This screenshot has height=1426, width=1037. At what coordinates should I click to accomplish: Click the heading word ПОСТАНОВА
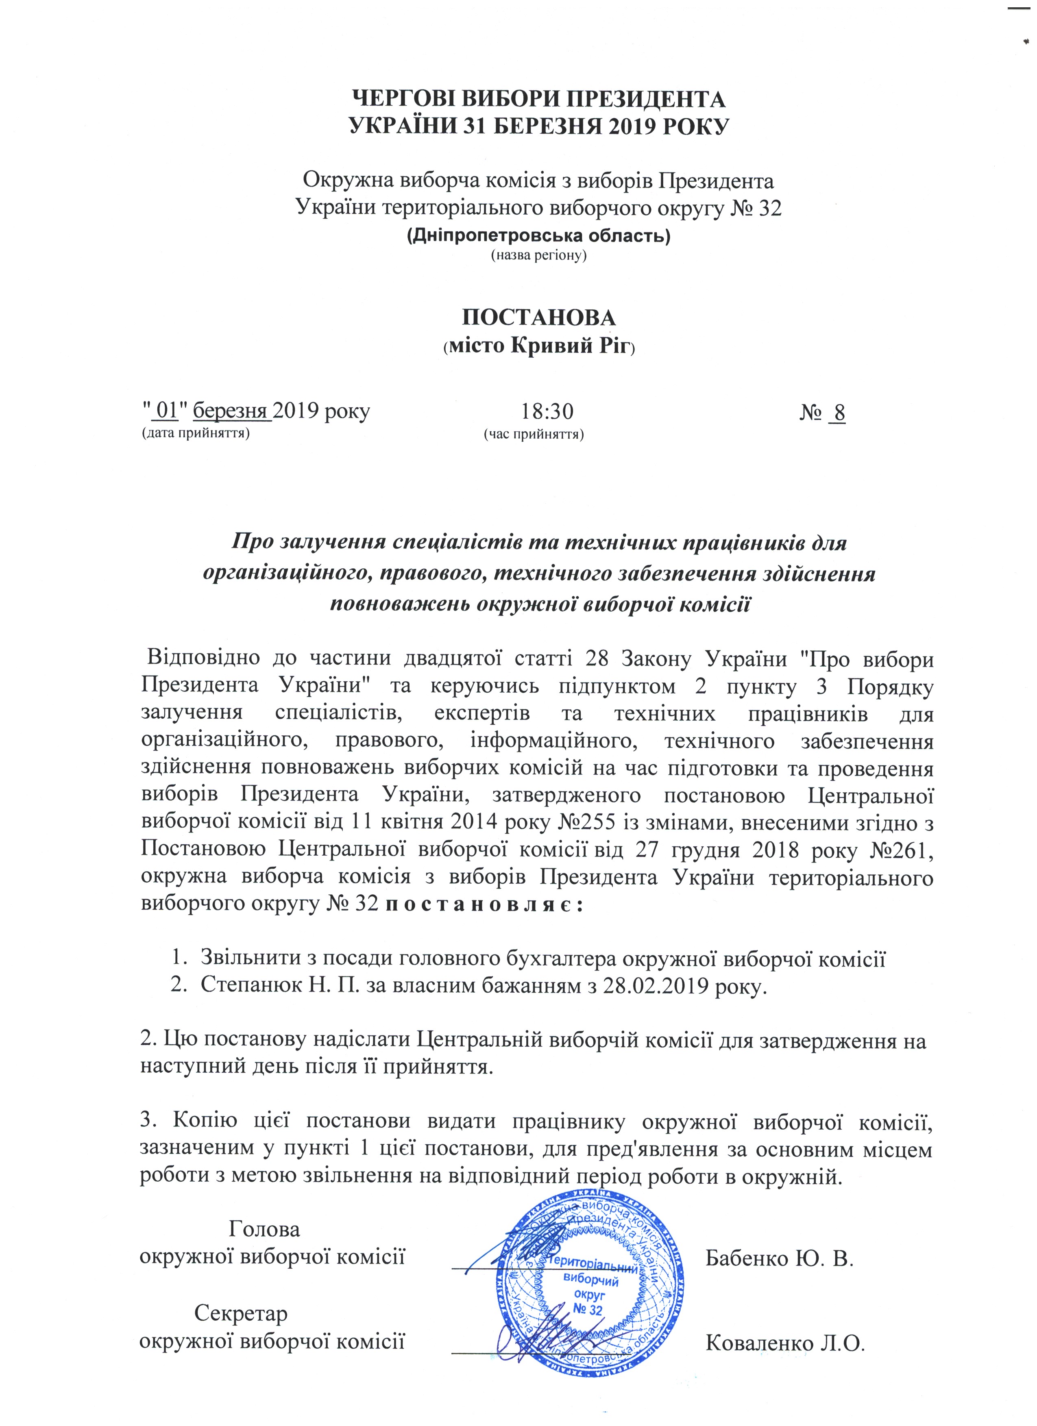point(539,317)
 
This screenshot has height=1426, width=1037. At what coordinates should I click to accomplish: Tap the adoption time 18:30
point(547,412)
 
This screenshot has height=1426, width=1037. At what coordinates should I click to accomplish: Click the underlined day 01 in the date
point(166,412)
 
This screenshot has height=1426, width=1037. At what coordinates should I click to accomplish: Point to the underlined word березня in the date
point(231,412)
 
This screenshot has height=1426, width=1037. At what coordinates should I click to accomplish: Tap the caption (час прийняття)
point(533,434)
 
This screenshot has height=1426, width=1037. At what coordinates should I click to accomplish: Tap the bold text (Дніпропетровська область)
point(539,237)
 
